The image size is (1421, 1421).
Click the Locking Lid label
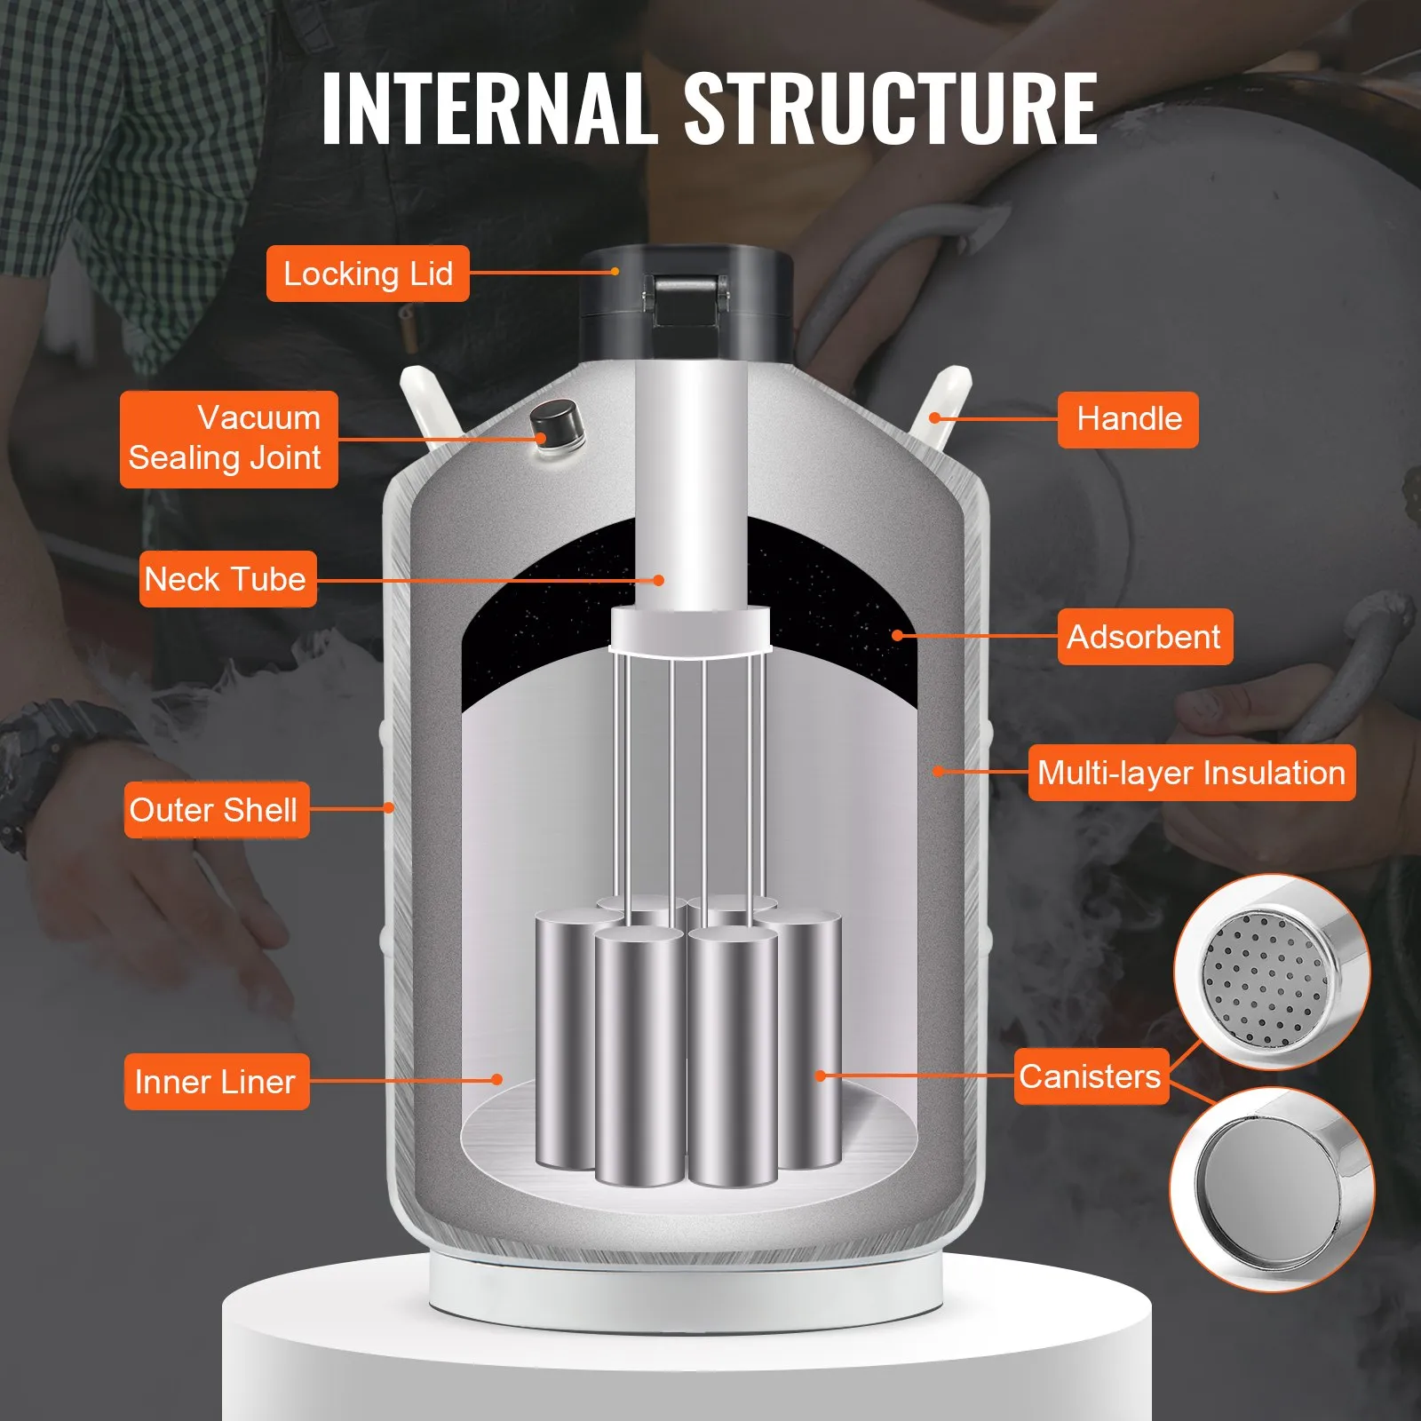pos(368,274)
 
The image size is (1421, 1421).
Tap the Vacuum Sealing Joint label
pos(228,439)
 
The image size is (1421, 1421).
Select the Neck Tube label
pos(227,579)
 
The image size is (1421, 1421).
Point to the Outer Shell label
pos(216,809)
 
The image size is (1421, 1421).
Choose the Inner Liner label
pos(216,1081)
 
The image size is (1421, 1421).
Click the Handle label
pos(1127,418)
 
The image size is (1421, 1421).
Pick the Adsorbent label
pos(1144,637)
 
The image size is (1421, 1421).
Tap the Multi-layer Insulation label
pos(1191,772)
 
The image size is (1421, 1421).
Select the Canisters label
pos(1091,1076)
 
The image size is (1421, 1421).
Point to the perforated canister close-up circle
pos(1271,972)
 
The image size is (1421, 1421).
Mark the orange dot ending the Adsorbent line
pos(898,635)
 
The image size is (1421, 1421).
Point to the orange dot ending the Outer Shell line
pos(389,807)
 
